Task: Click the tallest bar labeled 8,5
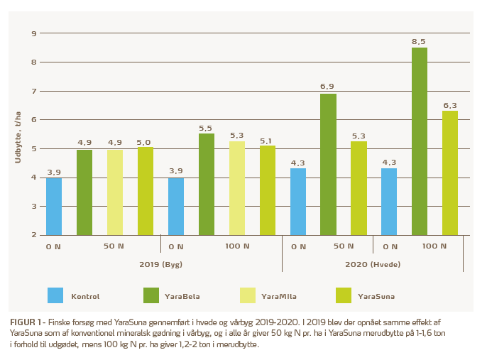click(420, 141)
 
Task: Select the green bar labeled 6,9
click(328, 164)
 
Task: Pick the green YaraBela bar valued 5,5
click(207, 184)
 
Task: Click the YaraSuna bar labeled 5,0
click(146, 191)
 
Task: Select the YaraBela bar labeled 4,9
click(84, 192)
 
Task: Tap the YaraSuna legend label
click(376, 295)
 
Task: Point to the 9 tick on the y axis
click(33, 33)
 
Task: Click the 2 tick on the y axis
click(33, 235)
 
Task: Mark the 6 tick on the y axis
click(33, 120)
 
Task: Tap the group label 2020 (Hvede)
click(373, 263)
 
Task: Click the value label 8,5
click(420, 42)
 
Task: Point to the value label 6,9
click(328, 87)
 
